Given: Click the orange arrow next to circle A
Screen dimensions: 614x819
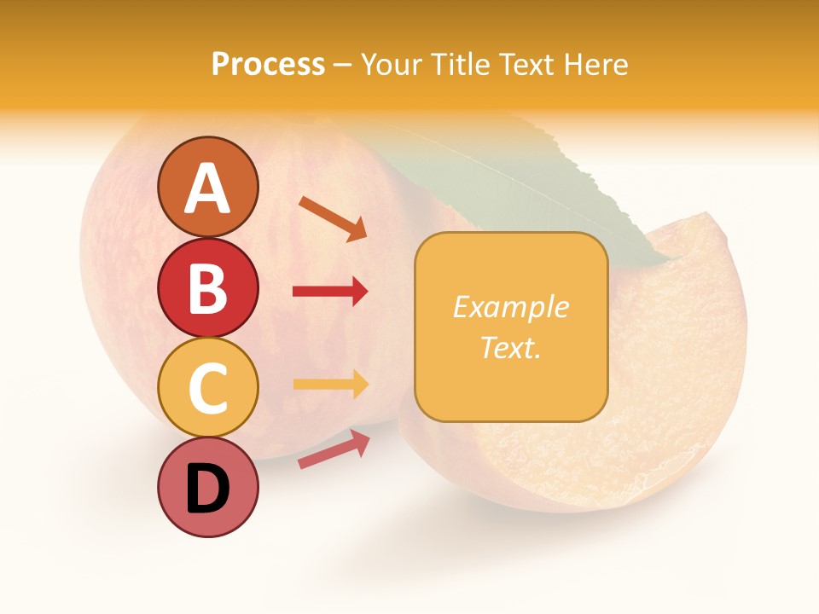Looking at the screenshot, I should click(333, 218).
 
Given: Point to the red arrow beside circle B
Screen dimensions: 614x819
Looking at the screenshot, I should click(330, 292).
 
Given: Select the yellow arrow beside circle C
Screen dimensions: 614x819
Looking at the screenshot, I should click(330, 384).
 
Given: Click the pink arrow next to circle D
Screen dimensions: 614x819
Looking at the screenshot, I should click(334, 449).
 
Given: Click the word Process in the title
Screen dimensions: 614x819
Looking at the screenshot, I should click(268, 65).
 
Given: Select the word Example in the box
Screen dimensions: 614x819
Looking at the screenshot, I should click(510, 307).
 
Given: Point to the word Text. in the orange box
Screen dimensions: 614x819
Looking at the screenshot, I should click(510, 347).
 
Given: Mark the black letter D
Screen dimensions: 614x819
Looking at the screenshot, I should click(207, 489).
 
